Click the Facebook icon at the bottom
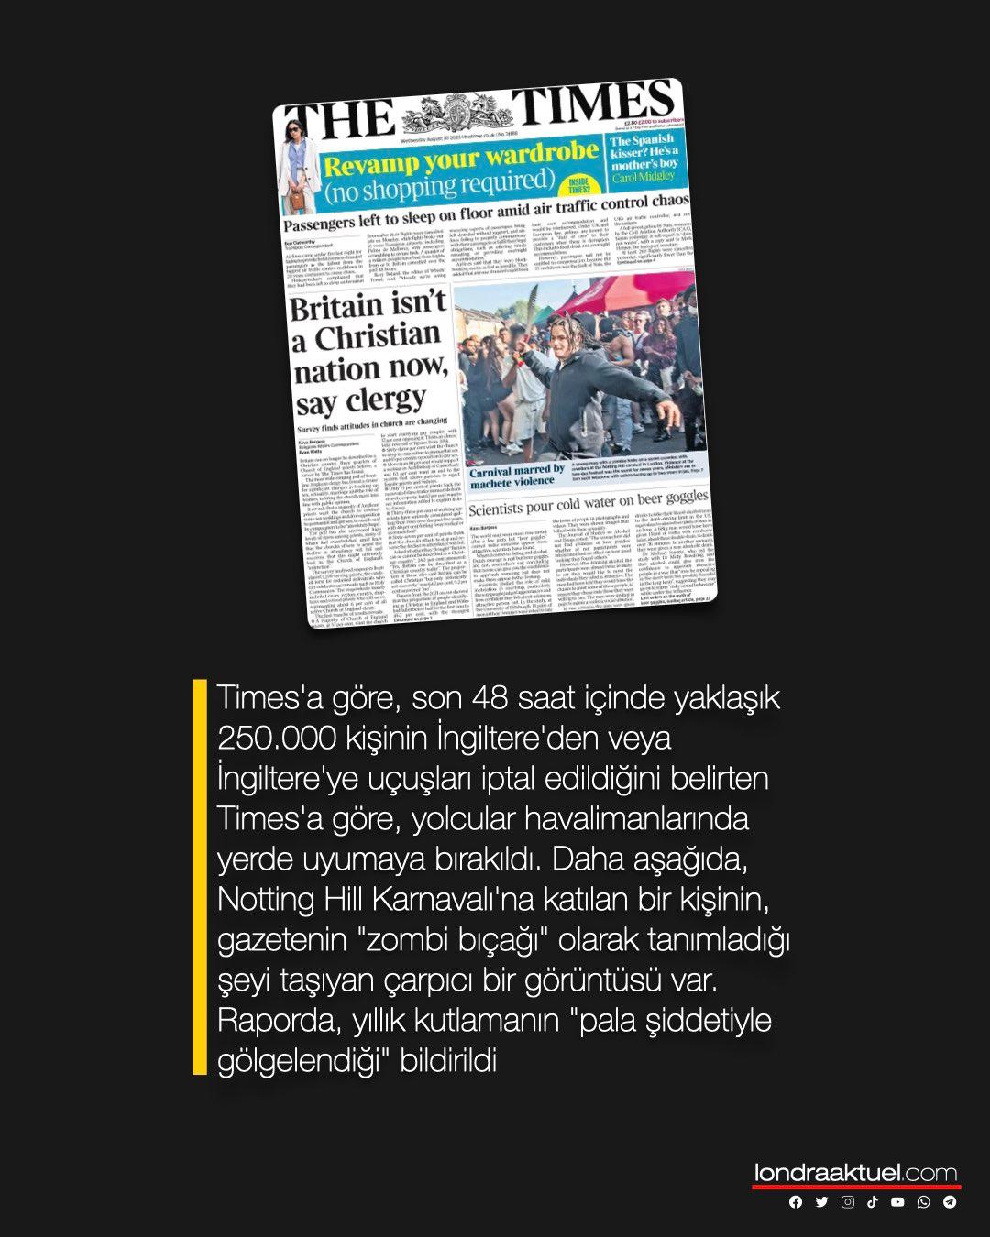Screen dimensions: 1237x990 click(x=796, y=1202)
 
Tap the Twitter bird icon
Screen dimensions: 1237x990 click(x=821, y=1202)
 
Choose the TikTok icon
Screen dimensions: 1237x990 click(x=873, y=1202)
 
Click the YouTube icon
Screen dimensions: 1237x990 click(x=897, y=1202)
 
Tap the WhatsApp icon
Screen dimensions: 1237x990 click(x=923, y=1202)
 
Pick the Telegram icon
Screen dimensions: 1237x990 click(x=950, y=1202)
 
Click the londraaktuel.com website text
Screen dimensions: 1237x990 click(x=855, y=1173)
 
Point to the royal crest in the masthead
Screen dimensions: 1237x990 click(x=448, y=116)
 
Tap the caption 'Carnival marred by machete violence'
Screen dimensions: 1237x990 click(x=517, y=476)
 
